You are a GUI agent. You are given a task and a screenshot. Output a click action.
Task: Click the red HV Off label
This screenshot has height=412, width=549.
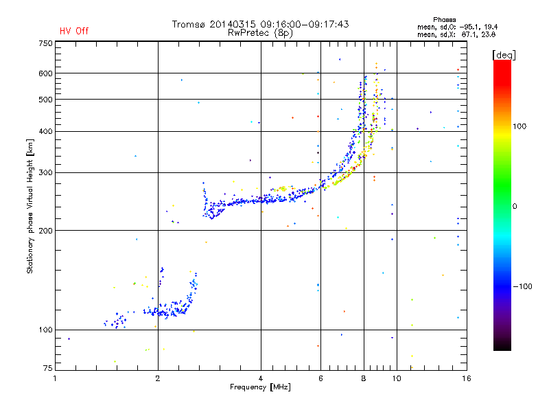coord(74,31)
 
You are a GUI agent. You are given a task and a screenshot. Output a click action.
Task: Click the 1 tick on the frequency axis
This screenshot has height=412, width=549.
coord(56,378)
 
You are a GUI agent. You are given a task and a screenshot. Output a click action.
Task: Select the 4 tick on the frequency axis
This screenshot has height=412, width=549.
coord(261,378)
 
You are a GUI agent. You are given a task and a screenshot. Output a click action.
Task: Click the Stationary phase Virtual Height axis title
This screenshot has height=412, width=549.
coord(30,206)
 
